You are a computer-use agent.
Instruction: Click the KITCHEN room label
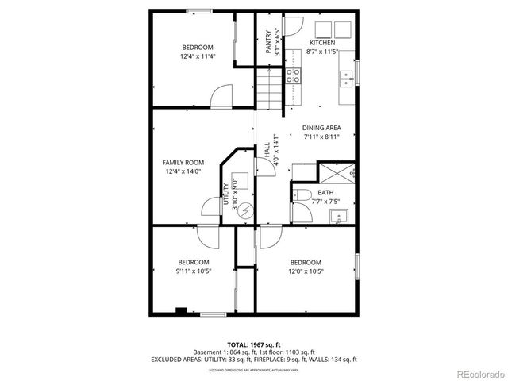tap(322, 42)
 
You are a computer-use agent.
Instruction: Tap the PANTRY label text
tap(269, 42)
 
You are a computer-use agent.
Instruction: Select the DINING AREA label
tap(321, 127)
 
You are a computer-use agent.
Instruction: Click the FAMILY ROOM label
tap(183, 162)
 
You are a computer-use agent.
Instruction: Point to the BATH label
tap(325, 192)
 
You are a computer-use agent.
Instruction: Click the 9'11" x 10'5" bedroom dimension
tap(193, 271)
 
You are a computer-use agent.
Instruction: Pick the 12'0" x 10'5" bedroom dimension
tap(306, 271)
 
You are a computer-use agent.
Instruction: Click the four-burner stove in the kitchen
tap(293, 76)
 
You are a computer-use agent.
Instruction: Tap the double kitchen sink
tap(346, 78)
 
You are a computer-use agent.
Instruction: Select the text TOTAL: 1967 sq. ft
tap(253, 344)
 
